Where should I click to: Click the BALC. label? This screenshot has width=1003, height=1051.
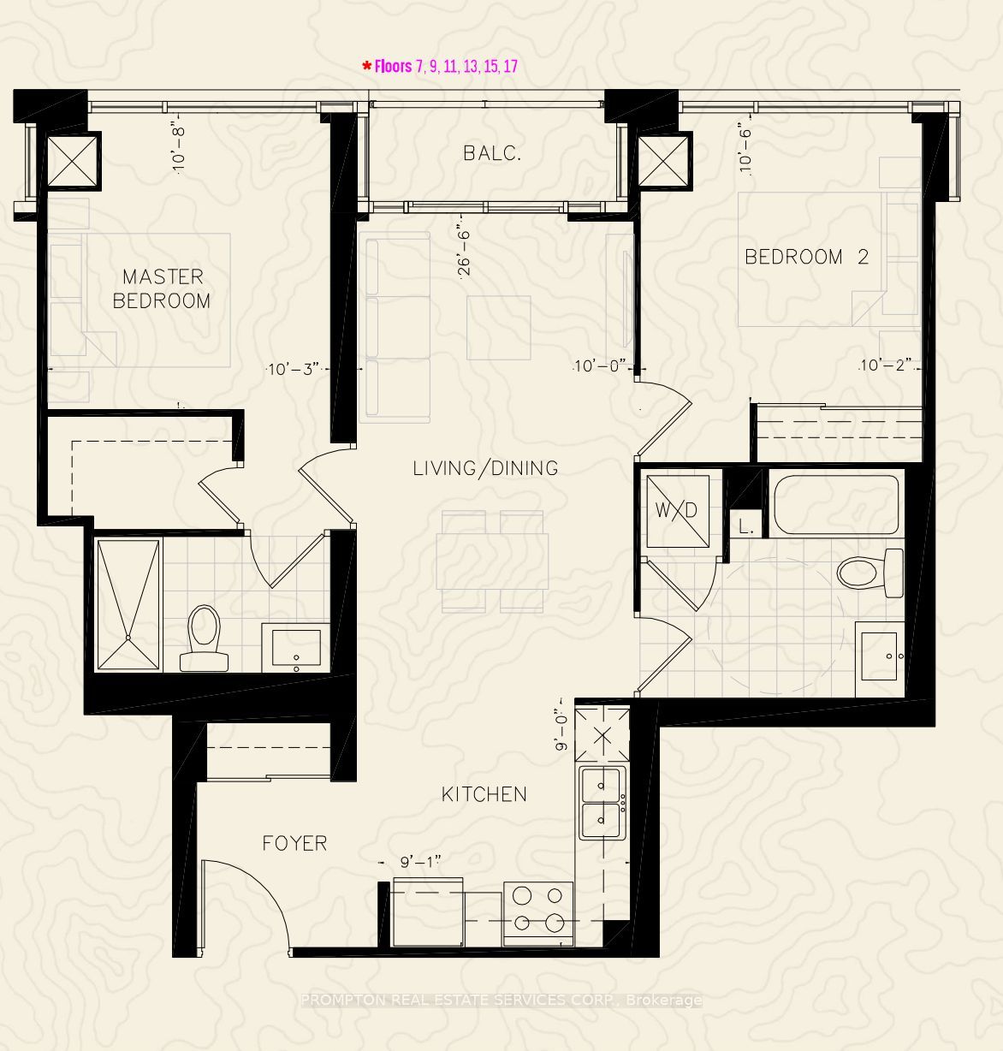point(492,154)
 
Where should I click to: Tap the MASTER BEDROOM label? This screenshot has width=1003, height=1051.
point(162,288)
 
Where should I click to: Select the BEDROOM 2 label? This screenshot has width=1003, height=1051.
point(806,257)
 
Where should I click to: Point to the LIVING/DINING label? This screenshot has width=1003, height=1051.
point(485,468)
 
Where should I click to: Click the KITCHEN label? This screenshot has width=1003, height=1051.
point(484,794)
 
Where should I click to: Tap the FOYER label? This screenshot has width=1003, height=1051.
point(294,844)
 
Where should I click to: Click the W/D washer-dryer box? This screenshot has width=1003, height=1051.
point(678,511)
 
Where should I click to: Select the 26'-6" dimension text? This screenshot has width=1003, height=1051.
point(464,252)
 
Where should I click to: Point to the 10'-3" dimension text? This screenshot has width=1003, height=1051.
point(294,369)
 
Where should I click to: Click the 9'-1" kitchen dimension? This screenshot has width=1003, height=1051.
point(421,862)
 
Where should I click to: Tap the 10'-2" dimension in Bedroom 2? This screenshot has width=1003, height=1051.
point(885,365)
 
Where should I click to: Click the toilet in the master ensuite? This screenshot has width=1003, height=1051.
point(205,638)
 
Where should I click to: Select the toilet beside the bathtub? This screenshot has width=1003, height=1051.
point(870,573)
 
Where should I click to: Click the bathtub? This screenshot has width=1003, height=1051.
point(835,505)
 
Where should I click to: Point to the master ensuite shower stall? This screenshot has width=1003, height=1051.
point(128,604)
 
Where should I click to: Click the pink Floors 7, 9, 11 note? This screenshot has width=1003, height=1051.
point(440,66)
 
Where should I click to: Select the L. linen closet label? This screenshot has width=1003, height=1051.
point(746,527)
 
